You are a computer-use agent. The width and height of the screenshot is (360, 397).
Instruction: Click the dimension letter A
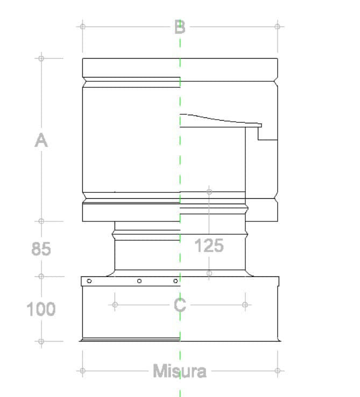pyautogui.click(x=41, y=141)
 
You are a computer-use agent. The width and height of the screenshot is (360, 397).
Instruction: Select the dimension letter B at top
pyautogui.click(x=180, y=27)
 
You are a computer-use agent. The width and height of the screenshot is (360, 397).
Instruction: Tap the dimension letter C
pyautogui.click(x=180, y=305)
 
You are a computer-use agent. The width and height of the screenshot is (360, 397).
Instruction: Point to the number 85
pyautogui.click(x=41, y=249)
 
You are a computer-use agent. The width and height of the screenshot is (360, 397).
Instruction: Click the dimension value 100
pyautogui.click(x=41, y=309)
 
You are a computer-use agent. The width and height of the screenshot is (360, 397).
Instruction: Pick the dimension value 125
pyautogui.click(x=209, y=246)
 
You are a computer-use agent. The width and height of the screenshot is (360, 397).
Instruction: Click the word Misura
pyautogui.click(x=180, y=371)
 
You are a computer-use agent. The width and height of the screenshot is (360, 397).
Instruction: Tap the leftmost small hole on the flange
pyautogui.click(x=89, y=281)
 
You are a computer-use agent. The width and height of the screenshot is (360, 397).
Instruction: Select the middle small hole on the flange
pyautogui.click(x=139, y=281)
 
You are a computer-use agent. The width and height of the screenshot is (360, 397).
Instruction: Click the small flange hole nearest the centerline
pyautogui.click(x=175, y=281)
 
